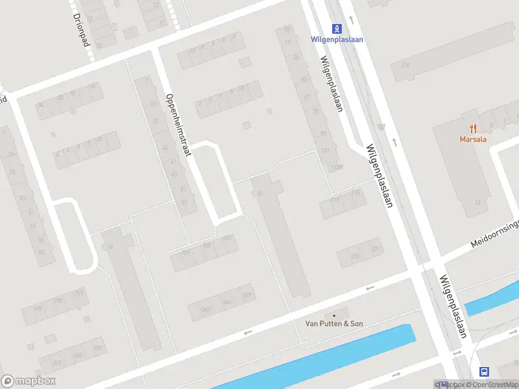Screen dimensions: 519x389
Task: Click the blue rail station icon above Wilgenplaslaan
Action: click(x=337, y=29)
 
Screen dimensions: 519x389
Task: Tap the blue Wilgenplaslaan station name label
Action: click(x=337, y=40)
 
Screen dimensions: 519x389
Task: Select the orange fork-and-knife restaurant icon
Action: click(x=473, y=128)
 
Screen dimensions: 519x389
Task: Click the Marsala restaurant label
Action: click(x=473, y=139)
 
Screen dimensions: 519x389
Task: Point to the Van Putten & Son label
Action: click(x=335, y=324)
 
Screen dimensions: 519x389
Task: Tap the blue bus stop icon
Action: click(x=484, y=371)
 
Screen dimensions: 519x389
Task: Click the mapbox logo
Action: click(x=28, y=381)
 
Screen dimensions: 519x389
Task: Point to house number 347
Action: click(x=206, y=309)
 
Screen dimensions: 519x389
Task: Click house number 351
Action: click(x=98, y=348)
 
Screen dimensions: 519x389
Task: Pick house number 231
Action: click(x=374, y=249)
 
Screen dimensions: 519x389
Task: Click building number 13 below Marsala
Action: click(x=477, y=202)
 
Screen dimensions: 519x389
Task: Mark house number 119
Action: click(x=335, y=200)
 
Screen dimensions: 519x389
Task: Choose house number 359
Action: click(x=56, y=363)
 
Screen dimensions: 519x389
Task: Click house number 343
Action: click(x=226, y=302)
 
